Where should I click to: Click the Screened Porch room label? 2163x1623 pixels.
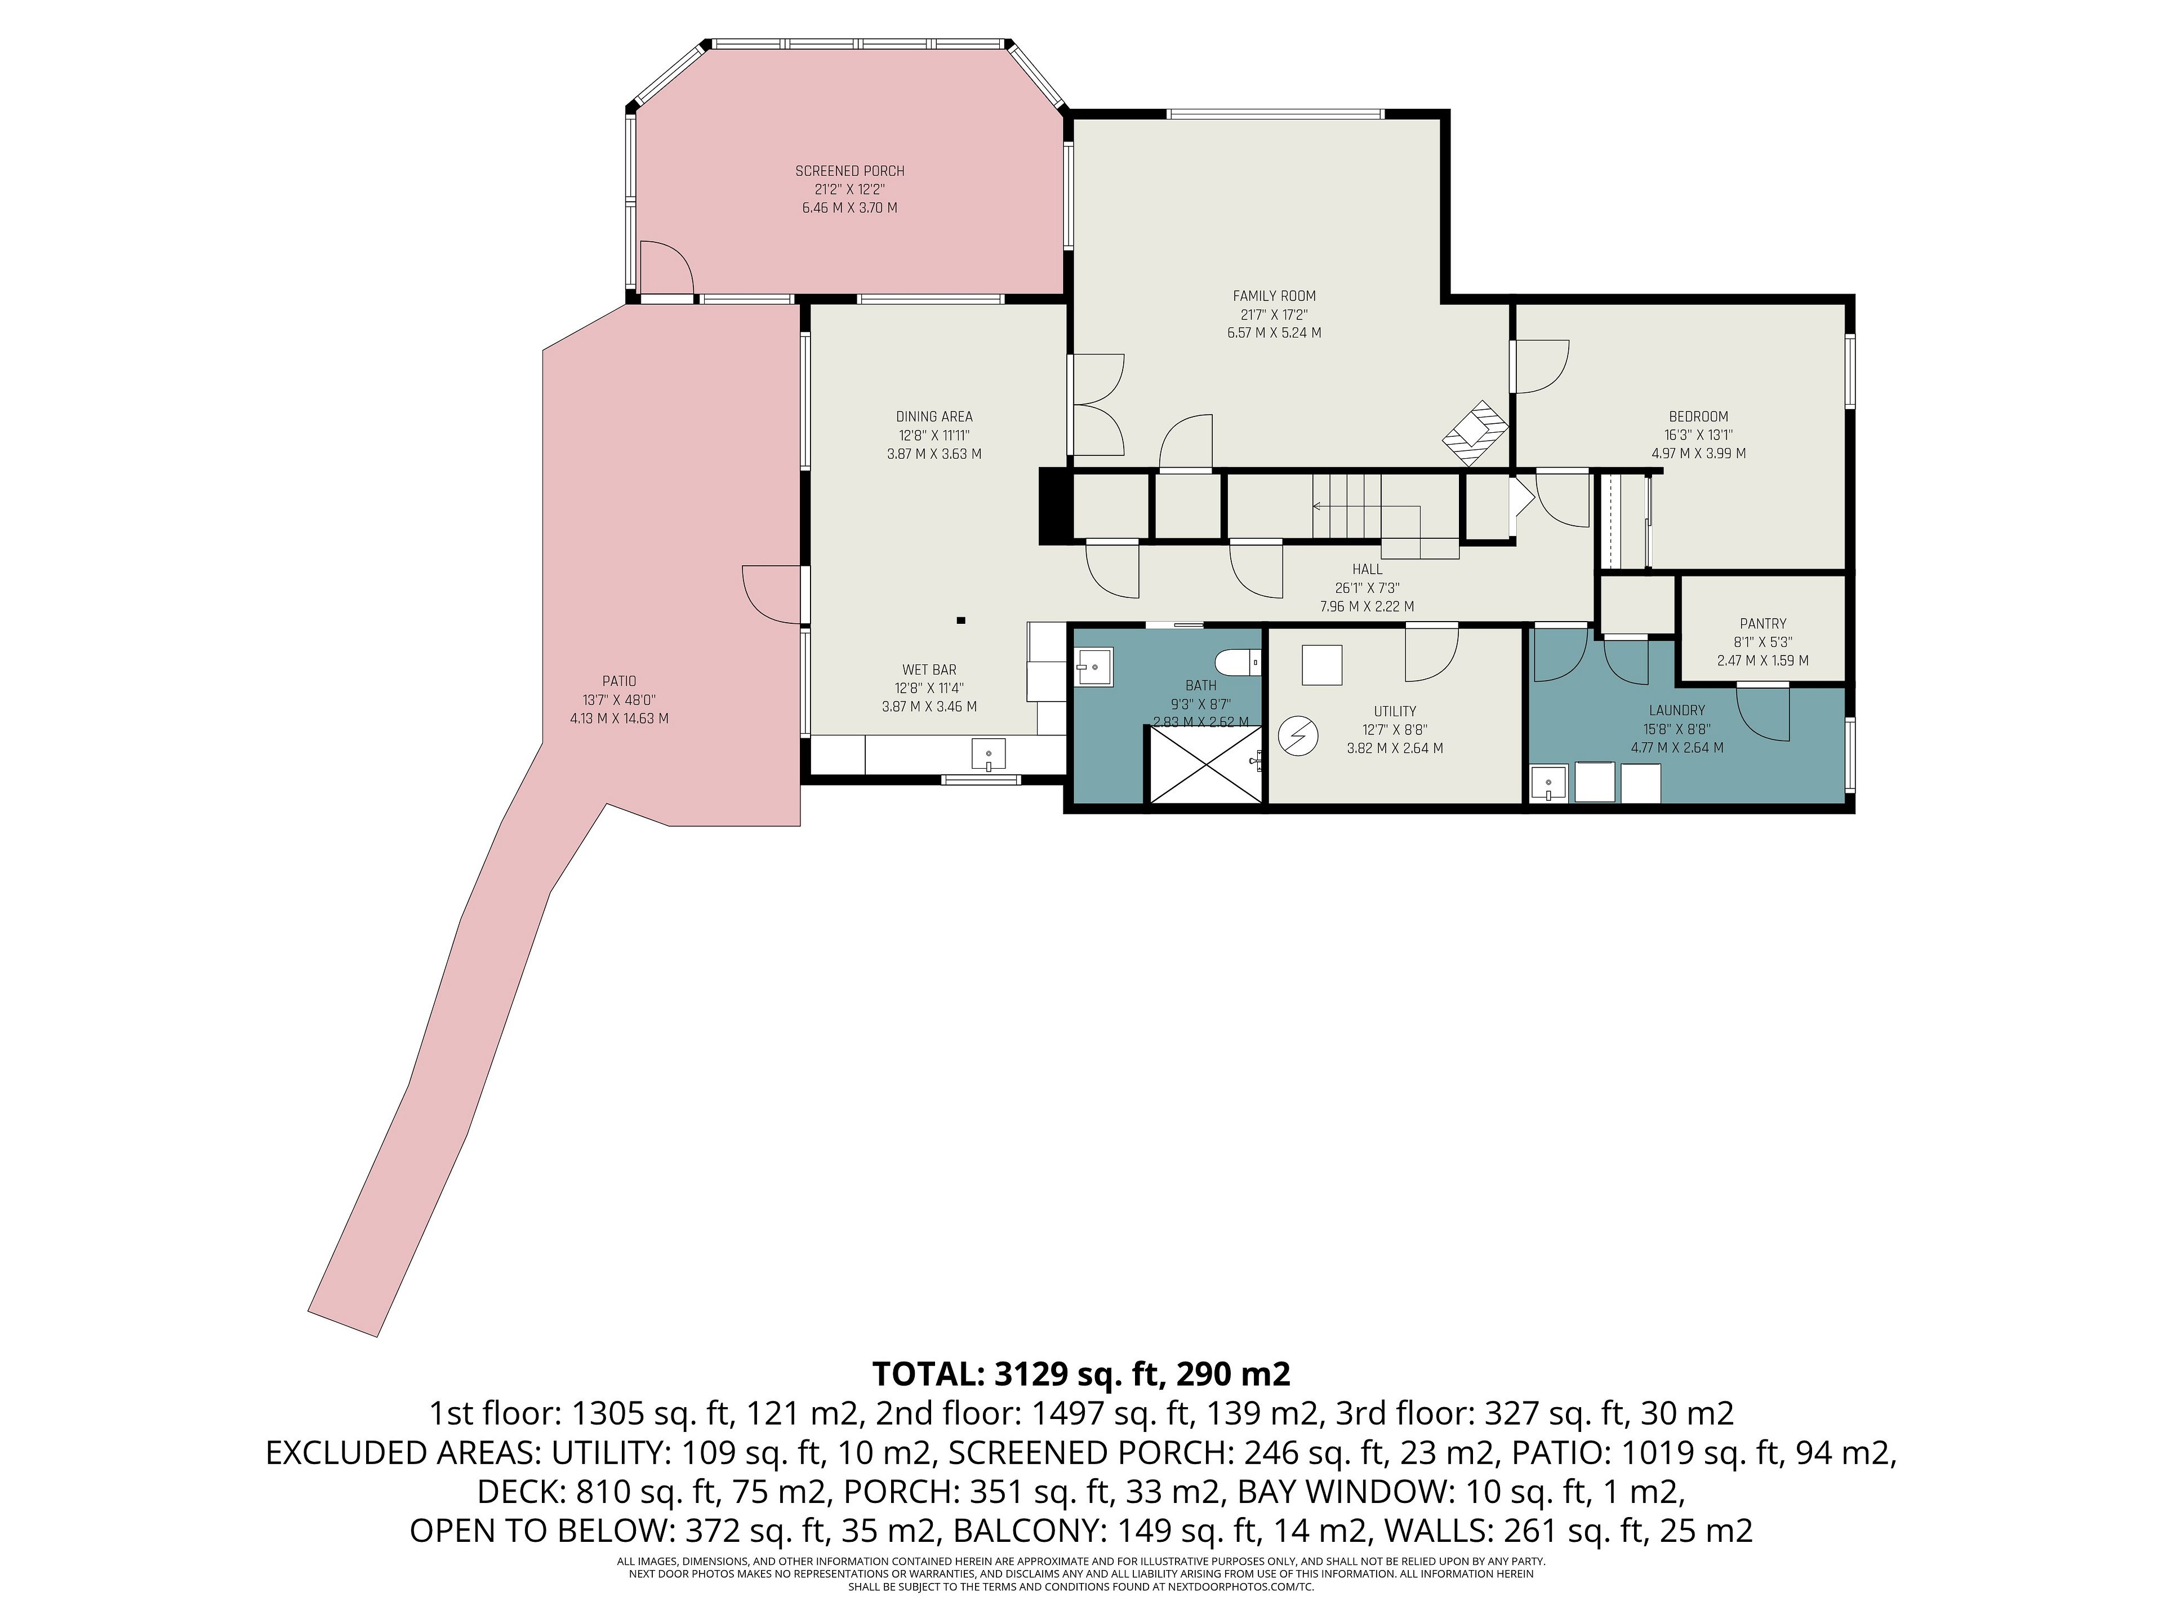[x=850, y=171]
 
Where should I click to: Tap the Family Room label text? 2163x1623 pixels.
[x=1274, y=295]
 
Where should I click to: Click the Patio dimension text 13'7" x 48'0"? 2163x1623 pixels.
[x=619, y=699]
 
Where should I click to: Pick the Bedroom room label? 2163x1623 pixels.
[x=1698, y=416]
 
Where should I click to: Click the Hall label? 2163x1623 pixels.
[x=1367, y=569]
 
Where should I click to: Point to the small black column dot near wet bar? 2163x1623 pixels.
[x=961, y=620]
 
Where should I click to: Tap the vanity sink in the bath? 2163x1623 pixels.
[x=1093, y=667]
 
